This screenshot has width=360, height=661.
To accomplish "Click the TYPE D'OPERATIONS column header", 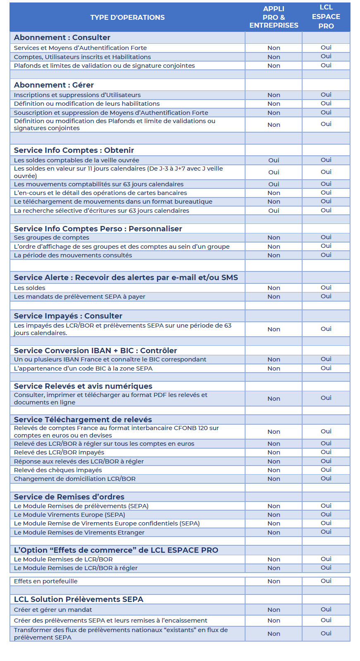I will pyautogui.click(x=127, y=17).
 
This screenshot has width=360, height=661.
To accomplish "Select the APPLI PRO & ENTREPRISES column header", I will pyautogui.click(x=274, y=17).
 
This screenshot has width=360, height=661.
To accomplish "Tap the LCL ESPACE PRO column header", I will pyautogui.click(x=326, y=17).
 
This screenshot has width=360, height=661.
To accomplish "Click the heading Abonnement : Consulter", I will pyautogui.click(x=62, y=38).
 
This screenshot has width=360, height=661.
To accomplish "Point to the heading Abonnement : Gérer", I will pyautogui.click(x=54, y=85).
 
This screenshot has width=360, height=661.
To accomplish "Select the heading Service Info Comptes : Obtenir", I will pyautogui.click(x=74, y=150).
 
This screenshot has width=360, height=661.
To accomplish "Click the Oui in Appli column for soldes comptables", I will pyautogui.click(x=274, y=160).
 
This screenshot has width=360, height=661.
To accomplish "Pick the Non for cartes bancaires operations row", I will pyautogui.click(x=274, y=193).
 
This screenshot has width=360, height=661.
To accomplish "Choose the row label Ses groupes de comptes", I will pyautogui.click(x=52, y=238).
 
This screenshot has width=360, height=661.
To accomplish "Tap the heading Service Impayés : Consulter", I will pyautogui.click(x=68, y=316).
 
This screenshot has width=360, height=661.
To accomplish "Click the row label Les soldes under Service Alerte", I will pyautogui.click(x=30, y=288).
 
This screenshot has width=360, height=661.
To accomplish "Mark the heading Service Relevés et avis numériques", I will pyautogui.click(x=83, y=386).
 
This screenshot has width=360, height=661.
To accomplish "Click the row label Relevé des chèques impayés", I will pyautogui.click(x=58, y=470).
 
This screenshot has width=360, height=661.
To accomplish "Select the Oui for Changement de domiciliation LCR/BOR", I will pyautogui.click(x=326, y=478).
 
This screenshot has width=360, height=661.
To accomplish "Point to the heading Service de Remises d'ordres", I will pyautogui.click(x=69, y=497).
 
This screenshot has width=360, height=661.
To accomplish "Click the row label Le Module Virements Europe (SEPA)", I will pyautogui.click(x=69, y=515).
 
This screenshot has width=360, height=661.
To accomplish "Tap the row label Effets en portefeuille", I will pyautogui.click(x=46, y=581).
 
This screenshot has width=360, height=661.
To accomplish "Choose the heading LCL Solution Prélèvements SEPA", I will pyautogui.click(x=79, y=599).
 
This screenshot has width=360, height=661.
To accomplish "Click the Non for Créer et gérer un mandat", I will pyautogui.click(x=274, y=610).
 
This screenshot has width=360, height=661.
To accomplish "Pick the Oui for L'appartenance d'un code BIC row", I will pyautogui.click(x=326, y=368).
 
